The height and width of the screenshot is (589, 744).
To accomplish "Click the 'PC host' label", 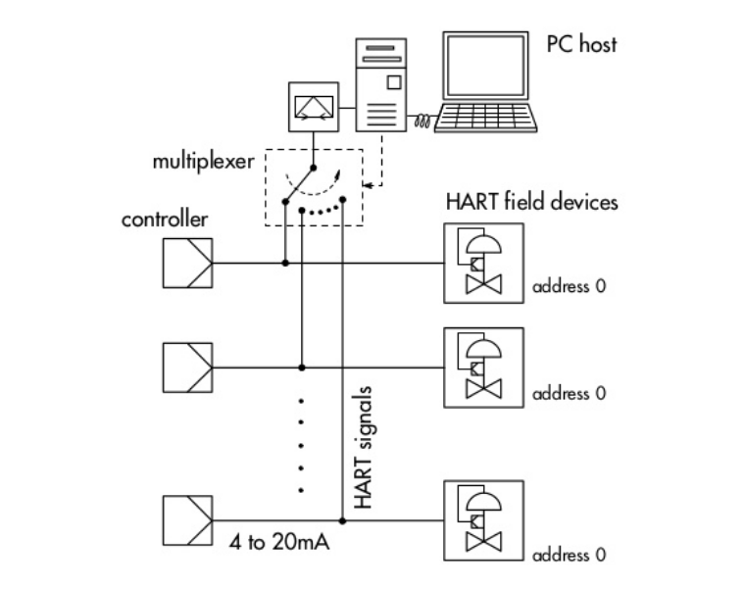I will (x=581, y=43).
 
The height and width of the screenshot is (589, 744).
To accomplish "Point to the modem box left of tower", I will (x=315, y=108).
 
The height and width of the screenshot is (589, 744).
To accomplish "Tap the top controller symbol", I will (x=185, y=263).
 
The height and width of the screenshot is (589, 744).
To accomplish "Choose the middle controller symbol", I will (x=185, y=367).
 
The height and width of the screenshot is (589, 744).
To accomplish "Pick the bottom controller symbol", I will (x=185, y=519).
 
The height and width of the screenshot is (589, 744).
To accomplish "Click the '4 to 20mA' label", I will (x=277, y=539).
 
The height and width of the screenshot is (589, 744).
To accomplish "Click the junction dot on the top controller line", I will (x=284, y=263).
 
